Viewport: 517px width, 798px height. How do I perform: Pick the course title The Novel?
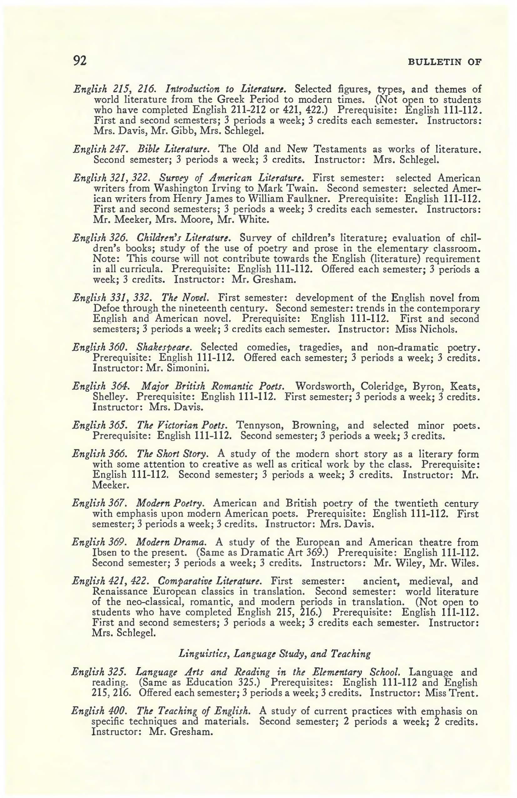[186, 298]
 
